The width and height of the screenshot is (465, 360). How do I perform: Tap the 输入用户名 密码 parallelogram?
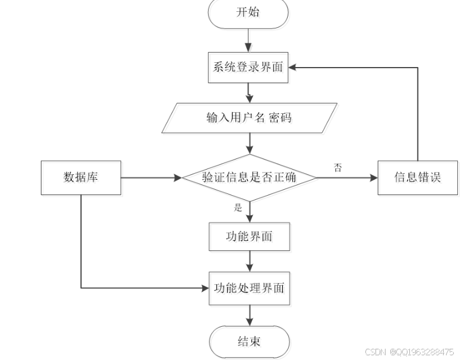click(249, 117)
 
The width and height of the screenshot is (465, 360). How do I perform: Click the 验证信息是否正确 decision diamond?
click(249, 177)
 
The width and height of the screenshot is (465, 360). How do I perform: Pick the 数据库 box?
click(81, 177)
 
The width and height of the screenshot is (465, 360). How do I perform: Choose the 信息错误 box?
click(418, 177)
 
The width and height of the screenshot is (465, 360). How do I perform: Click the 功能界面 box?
click(249, 237)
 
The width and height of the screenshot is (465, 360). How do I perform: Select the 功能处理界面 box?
click(249, 288)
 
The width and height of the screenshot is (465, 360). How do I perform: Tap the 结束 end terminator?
click(249, 342)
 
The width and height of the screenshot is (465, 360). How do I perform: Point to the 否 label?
click(337, 168)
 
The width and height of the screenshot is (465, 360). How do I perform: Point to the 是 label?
click(238, 207)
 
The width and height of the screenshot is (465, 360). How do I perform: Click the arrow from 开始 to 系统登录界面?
click(249, 40)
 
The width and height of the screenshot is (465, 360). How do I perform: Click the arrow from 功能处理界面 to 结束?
click(249, 314)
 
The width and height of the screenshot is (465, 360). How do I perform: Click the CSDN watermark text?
click(409, 352)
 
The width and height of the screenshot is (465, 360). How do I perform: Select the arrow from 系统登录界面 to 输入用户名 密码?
click(249, 92)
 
